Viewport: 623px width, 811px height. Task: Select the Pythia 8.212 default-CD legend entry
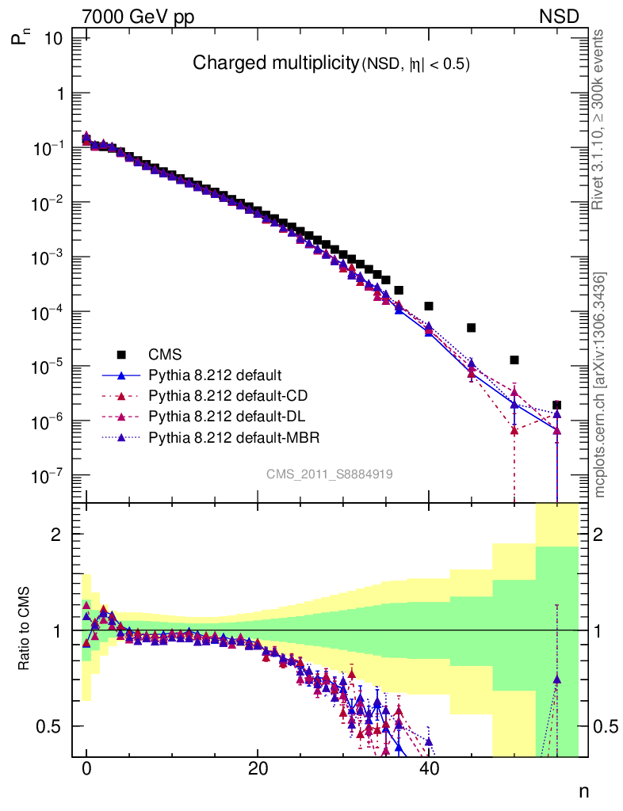(216, 394)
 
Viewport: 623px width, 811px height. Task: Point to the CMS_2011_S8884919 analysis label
(330, 474)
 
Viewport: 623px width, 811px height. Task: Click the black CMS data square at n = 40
(429, 306)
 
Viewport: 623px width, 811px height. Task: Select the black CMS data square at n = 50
(514, 360)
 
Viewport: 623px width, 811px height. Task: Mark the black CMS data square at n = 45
(472, 327)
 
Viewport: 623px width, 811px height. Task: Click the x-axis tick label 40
(429, 767)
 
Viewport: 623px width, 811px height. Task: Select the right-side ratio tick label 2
(603, 534)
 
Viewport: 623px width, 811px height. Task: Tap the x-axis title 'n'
(583, 790)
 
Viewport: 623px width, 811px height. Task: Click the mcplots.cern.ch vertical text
(601, 384)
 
